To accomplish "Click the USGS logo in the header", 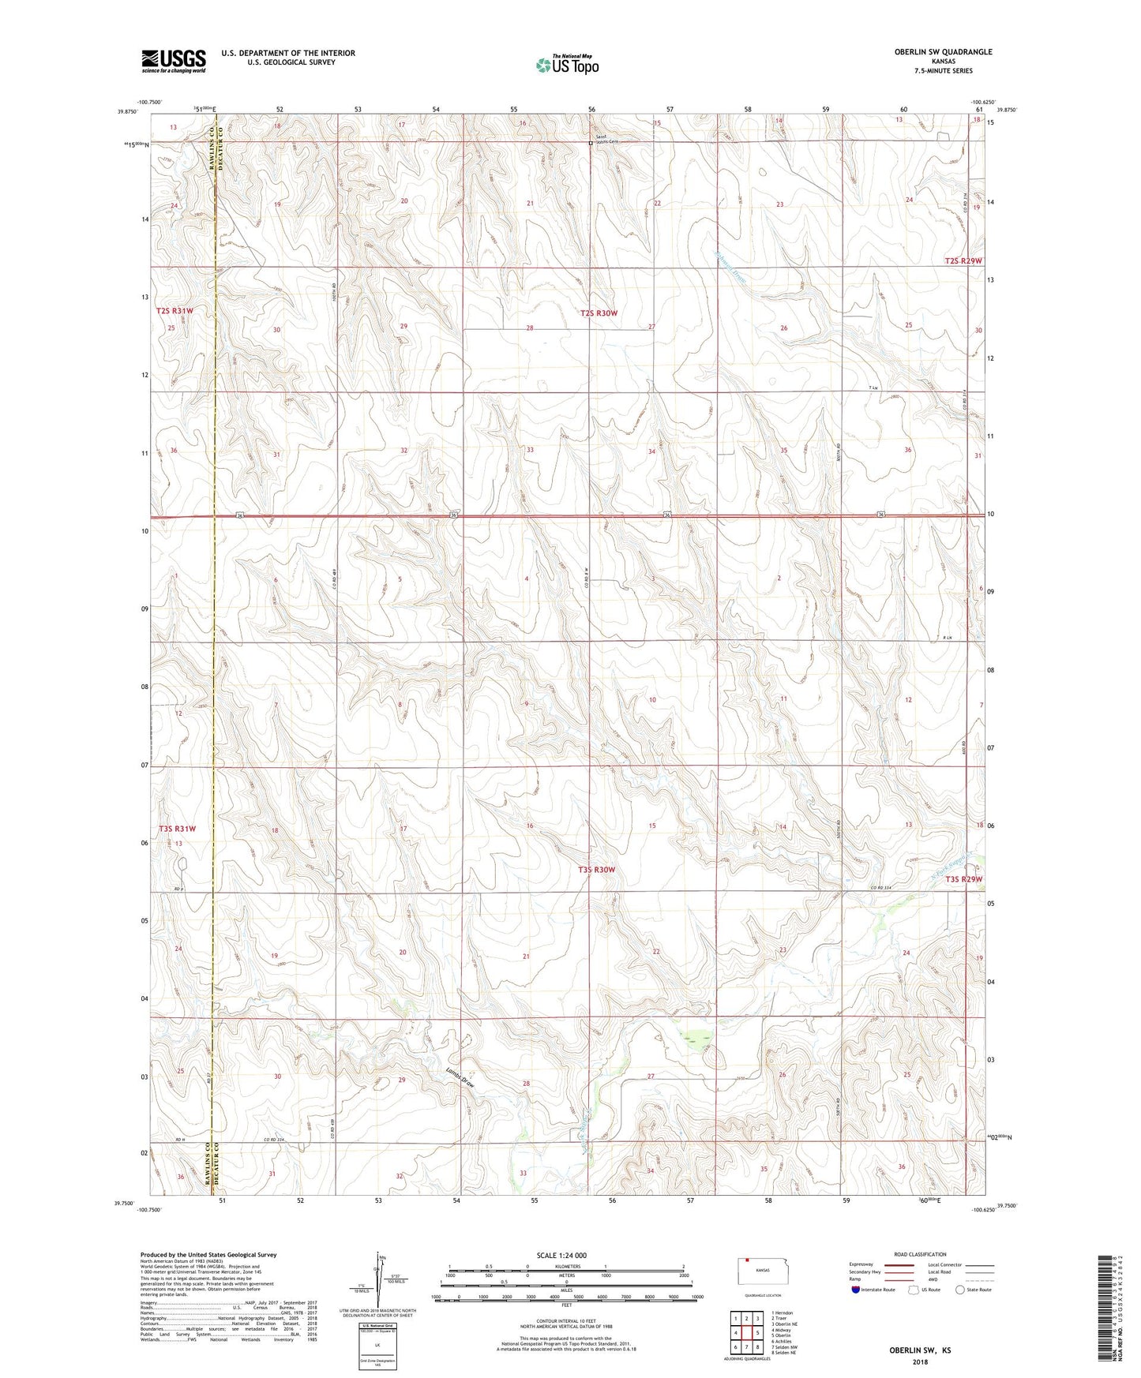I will click(173, 61).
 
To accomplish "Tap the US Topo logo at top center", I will click(566, 65).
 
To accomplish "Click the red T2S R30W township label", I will click(598, 313).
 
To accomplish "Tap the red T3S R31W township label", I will click(177, 829).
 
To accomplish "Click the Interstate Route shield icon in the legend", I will click(856, 1290).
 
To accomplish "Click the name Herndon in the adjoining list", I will click(783, 1312).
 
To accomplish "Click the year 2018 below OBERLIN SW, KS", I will click(920, 1361).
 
